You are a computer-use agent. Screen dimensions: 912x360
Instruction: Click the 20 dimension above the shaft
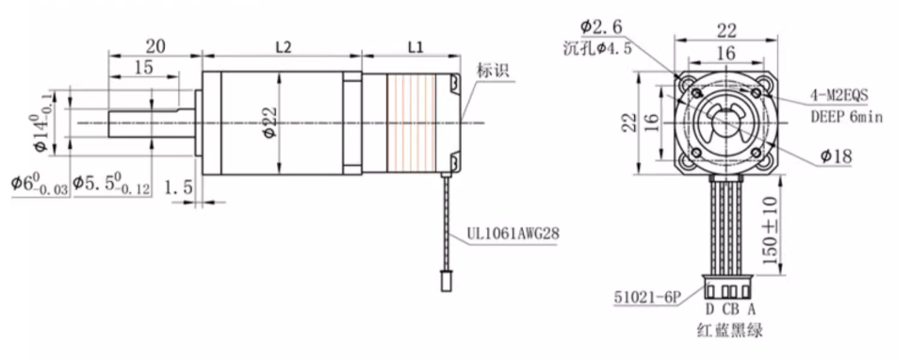tap(155, 45)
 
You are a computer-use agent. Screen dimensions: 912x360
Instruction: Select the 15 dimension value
tap(142, 67)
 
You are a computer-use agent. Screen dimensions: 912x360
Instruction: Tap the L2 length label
tap(284, 47)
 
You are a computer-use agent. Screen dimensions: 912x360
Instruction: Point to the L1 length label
tap(415, 47)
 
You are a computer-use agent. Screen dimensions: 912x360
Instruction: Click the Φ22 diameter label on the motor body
tap(269, 123)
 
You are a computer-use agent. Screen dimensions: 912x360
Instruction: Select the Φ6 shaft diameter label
tap(40, 184)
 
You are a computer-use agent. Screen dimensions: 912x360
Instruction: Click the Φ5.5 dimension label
tap(111, 184)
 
